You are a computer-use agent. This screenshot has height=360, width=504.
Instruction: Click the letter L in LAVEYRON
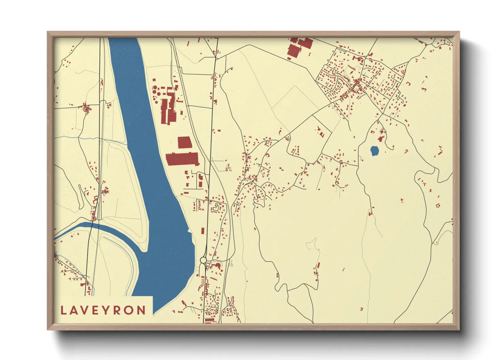tap(63, 310)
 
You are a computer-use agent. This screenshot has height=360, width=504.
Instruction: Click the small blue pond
tap(374, 151)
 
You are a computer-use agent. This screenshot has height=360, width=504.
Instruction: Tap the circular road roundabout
tap(203, 260)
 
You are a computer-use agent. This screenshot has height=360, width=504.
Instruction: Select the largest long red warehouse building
tap(182, 159)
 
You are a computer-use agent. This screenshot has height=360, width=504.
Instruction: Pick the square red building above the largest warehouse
tap(185, 142)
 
